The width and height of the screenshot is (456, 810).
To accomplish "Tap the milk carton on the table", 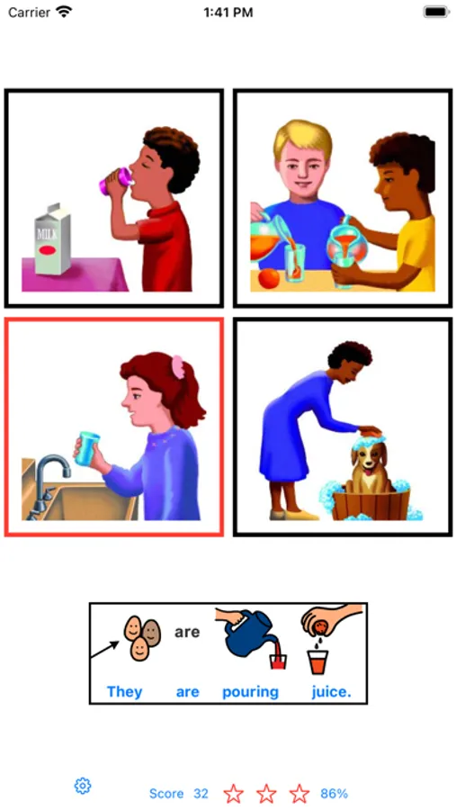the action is tap(52, 238).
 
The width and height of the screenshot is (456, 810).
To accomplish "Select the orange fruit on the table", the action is tap(269, 279).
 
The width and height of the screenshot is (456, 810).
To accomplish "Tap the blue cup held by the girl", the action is tap(88, 448).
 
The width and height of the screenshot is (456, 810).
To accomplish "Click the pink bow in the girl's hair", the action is tap(178, 367).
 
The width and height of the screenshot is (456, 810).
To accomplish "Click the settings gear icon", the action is tap(83, 786).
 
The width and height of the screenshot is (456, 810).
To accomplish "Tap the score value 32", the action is tap(201, 794).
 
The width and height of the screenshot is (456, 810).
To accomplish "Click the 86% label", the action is tap(334, 794).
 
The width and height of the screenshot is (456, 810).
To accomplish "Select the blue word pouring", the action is tap(250, 692).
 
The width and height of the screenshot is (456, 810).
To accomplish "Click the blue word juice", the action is tap(331, 692).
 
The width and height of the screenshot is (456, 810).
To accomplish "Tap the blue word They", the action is tap(124, 692).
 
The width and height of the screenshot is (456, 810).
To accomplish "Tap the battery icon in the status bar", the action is tap(436, 13).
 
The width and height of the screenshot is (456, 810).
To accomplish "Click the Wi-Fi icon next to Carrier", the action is tap(64, 12).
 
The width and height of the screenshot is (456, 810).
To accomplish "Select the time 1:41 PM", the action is tap(228, 13).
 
